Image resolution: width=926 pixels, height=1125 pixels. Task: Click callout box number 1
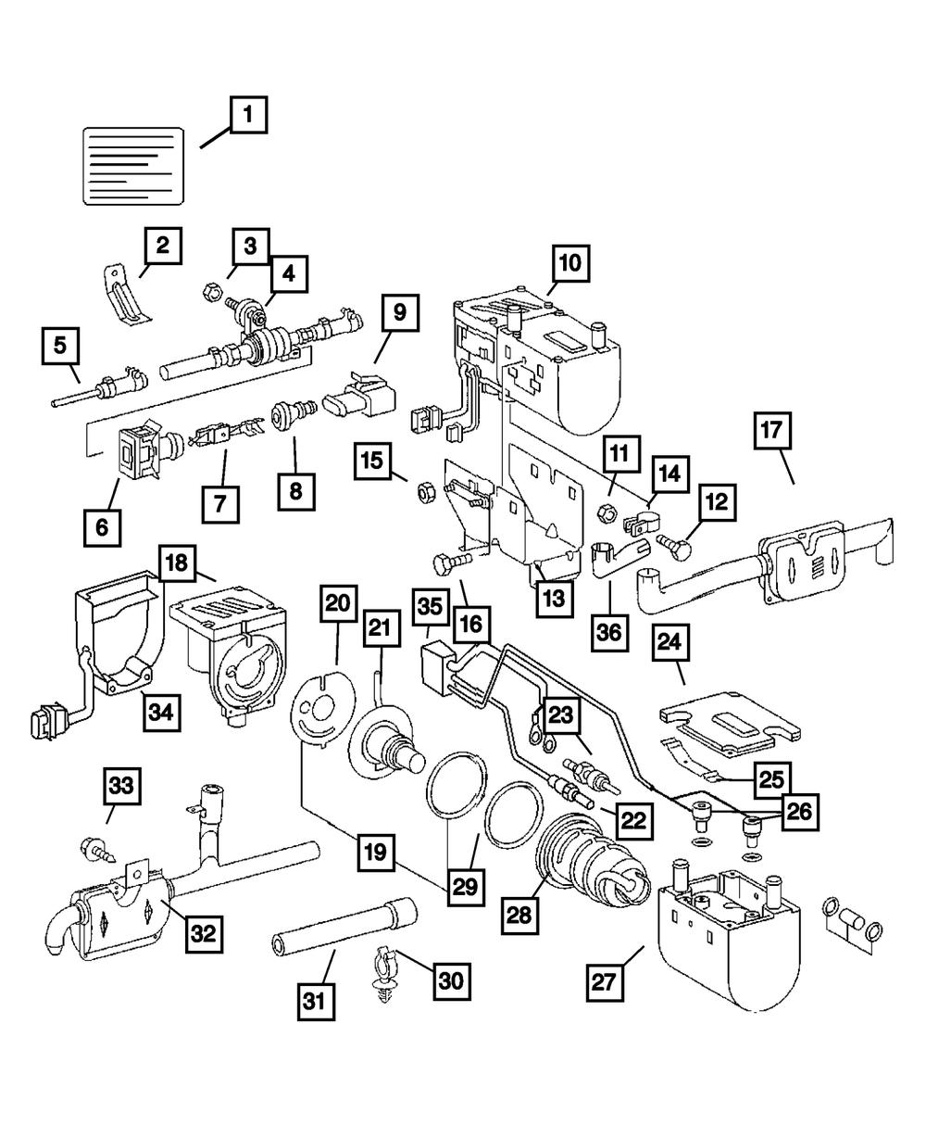[x=247, y=118]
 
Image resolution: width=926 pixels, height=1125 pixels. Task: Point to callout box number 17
[x=773, y=432]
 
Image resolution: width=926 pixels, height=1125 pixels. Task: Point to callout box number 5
[x=60, y=347]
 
